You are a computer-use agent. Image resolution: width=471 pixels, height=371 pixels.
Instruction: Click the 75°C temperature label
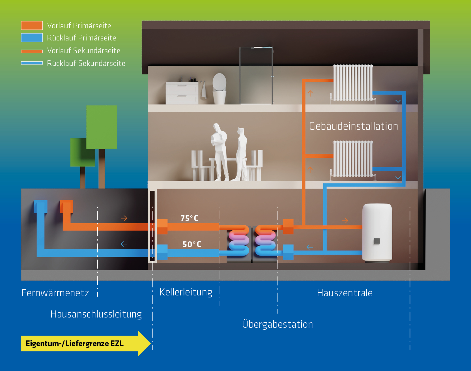189,218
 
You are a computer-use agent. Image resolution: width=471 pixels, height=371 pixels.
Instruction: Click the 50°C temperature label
192,244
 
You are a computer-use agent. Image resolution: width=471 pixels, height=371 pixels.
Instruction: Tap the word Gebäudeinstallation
353,126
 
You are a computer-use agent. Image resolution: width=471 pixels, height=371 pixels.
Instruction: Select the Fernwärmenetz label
55,293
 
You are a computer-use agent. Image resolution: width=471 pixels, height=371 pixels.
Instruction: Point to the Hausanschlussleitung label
96,314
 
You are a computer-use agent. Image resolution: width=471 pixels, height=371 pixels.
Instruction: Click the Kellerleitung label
186,292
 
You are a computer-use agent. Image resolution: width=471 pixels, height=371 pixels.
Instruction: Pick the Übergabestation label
278,324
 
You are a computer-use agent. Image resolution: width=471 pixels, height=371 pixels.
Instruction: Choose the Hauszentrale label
345,293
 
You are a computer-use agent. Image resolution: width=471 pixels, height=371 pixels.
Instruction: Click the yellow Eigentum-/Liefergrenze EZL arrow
85,343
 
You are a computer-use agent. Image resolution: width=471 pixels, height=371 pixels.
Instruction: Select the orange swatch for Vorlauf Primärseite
32,25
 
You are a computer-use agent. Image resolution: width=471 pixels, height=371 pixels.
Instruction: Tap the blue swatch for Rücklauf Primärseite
32,38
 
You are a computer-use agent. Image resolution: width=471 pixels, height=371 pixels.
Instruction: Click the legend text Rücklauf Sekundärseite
86,63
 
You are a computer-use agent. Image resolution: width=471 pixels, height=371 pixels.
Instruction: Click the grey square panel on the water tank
377,241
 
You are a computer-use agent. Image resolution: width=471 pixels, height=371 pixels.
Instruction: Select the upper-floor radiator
353,83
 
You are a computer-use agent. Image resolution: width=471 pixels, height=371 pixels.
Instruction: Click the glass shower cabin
256,76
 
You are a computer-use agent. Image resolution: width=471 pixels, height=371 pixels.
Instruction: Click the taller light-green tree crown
102,127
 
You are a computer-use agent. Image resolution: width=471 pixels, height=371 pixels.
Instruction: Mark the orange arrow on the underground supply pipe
124,218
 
